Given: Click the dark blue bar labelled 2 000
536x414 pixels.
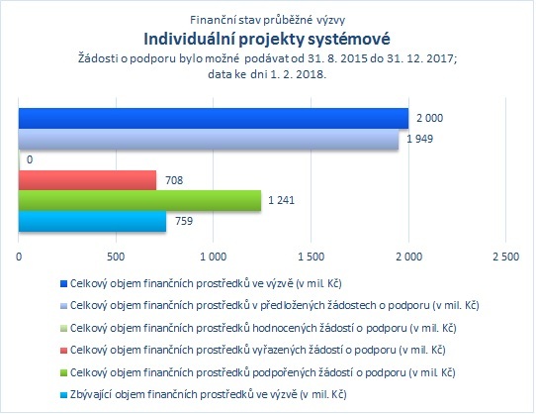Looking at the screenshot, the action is [214, 119].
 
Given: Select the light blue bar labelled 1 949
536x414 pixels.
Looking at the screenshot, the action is [209, 140].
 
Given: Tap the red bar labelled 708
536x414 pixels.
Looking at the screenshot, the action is [87, 180].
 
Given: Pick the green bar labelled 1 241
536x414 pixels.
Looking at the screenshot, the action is [139, 201].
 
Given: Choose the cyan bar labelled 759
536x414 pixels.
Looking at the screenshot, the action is [92, 222].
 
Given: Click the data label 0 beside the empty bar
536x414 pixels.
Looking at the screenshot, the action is [30, 159].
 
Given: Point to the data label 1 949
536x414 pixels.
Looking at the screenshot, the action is [419, 139].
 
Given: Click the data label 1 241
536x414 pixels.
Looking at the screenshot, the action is [281, 200].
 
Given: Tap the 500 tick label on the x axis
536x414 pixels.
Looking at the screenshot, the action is [116, 257].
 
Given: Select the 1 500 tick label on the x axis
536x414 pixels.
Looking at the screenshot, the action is [312, 257].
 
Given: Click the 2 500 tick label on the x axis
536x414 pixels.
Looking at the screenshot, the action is [506, 257].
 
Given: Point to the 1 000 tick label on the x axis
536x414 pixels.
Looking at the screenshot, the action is [214, 257].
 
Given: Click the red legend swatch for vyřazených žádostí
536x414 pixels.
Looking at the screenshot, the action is [63, 351].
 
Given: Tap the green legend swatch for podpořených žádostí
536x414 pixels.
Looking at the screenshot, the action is [63, 373].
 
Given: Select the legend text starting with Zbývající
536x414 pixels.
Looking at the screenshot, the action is [209, 395].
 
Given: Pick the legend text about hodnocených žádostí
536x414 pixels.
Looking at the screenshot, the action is [263, 329].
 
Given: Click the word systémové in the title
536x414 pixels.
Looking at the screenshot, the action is [349, 39].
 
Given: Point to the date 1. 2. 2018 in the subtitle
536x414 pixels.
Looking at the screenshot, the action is [297, 74].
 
